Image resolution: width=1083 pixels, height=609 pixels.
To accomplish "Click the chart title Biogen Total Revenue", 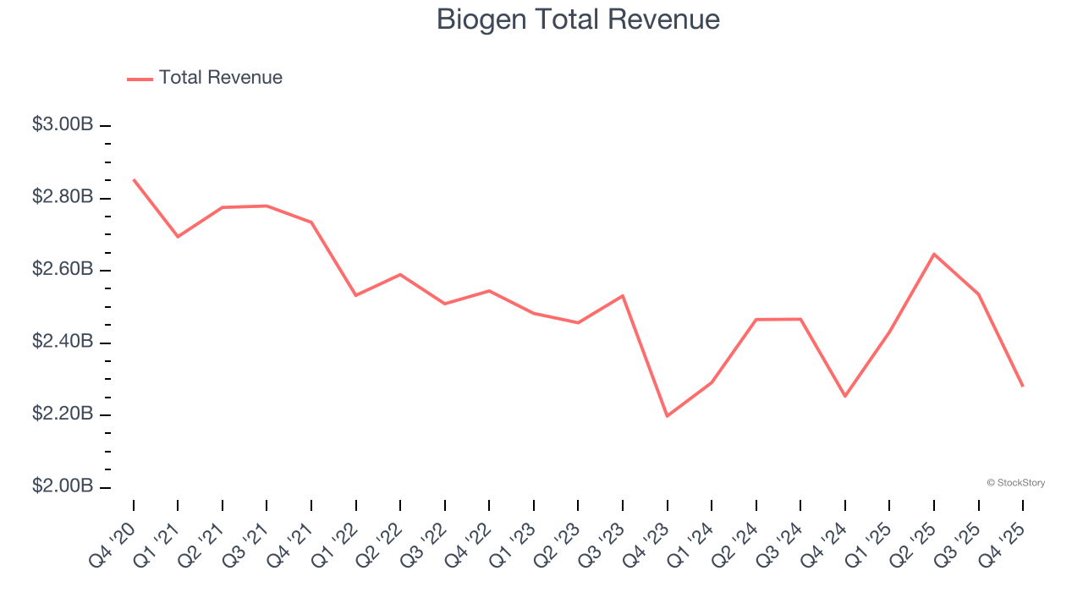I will [x=578, y=19].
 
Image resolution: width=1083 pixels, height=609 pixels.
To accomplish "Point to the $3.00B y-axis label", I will [x=63, y=124].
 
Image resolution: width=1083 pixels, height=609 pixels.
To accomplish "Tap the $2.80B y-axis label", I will [x=63, y=197].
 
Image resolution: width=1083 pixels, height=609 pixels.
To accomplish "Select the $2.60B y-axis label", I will [x=63, y=269].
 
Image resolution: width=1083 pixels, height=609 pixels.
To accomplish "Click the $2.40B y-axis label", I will [x=63, y=342].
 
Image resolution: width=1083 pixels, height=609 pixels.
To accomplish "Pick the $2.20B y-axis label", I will [x=63, y=414].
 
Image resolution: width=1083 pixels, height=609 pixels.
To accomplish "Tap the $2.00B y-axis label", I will [x=63, y=486].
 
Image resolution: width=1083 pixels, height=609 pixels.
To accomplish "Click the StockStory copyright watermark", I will [x=1015, y=483].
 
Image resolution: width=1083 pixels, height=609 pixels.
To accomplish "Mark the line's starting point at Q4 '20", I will [x=134, y=179].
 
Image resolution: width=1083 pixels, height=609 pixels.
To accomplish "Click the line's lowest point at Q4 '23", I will [x=667, y=416].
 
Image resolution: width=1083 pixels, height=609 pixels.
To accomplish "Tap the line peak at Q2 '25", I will [x=934, y=254].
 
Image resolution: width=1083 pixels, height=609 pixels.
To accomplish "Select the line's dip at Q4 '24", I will [x=844, y=396].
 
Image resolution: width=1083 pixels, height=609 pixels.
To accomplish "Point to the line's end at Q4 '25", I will [x=1023, y=386].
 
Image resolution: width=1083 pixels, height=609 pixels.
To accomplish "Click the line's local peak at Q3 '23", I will [x=623, y=295].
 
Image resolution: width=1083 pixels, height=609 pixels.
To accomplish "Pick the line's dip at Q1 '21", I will [x=178, y=236].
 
